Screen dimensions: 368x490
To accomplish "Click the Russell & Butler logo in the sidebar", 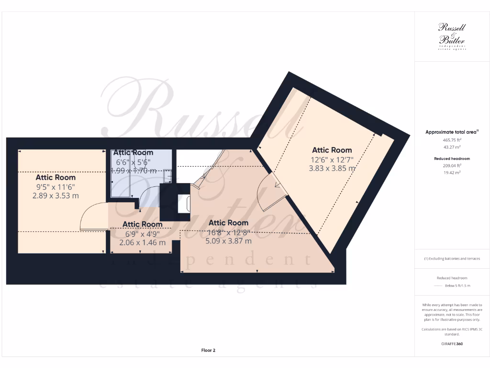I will pyautogui.click(x=452, y=36).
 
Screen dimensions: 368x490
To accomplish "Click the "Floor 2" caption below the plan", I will pyautogui.click(x=208, y=350).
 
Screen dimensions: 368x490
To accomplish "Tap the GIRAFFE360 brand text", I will pyautogui.click(x=452, y=344).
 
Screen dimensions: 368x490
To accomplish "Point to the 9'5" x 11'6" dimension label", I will pyautogui.click(x=55, y=187).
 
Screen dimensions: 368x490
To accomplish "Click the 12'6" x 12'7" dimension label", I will pyautogui.click(x=332, y=160).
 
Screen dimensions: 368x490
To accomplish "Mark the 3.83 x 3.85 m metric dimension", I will pyautogui.click(x=332, y=168).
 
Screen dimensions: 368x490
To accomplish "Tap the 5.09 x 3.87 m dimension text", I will pyautogui.click(x=228, y=241).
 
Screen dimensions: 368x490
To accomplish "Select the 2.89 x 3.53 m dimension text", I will pyautogui.click(x=55, y=195).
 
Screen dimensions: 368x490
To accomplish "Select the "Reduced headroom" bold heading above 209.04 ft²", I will pyautogui.click(x=452, y=158).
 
